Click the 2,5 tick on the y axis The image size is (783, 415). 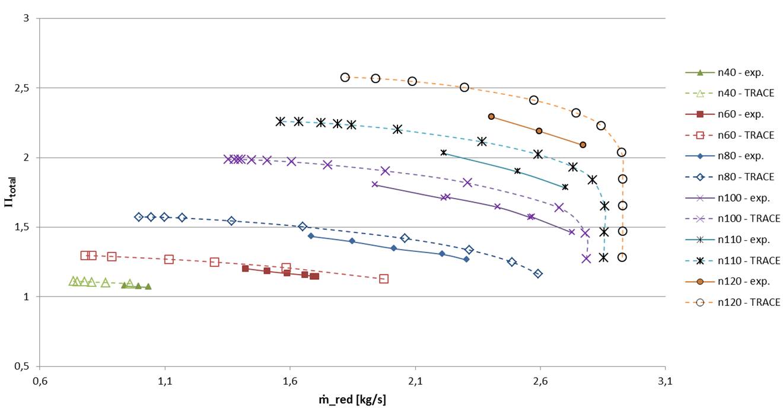tap(26, 88)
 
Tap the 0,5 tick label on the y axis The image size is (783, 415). tap(26, 366)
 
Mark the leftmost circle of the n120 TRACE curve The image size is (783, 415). tap(345, 78)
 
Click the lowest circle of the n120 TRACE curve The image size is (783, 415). tap(622, 257)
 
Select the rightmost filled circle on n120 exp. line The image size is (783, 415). tap(583, 145)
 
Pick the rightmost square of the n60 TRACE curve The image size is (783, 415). tap(384, 279)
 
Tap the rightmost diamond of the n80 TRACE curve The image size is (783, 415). tap(538, 273)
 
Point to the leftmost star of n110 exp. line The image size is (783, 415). tap(444, 152)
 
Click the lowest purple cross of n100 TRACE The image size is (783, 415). tap(586, 258)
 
